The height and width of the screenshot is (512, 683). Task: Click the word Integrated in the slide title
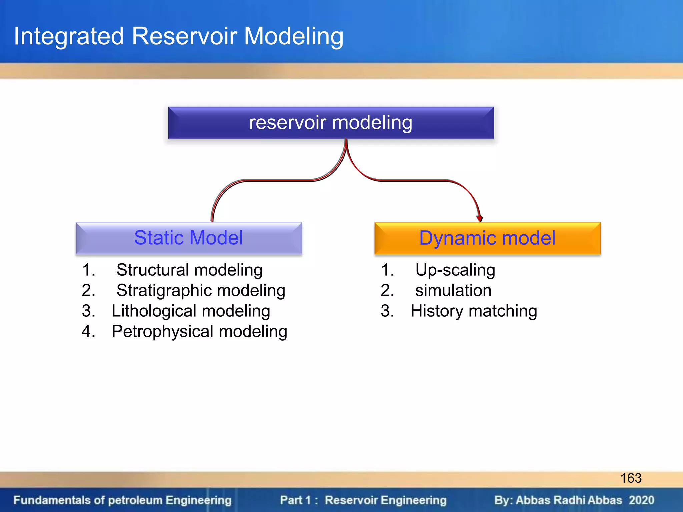(x=69, y=36)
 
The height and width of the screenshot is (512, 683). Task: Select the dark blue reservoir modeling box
(x=331, y=123)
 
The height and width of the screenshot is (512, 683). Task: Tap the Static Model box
(x=189, y=238)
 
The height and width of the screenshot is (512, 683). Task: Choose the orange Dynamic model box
(x=487, y=238)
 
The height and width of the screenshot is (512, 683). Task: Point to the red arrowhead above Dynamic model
(x=480, y=218)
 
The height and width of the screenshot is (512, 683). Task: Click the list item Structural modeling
(x=189, y=270)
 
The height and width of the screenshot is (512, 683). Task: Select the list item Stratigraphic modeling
(x=201, y=290)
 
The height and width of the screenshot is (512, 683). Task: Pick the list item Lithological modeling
(x=191, y=311)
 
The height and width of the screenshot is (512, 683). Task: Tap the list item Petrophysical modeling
(x=199, y=332)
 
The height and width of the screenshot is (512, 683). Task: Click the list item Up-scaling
(x=455, y=270)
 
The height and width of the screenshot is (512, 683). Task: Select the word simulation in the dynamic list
(x=453, y=290)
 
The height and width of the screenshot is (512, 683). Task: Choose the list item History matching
(x=474, y=311)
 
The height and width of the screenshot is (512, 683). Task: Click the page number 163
(x=631, y=478)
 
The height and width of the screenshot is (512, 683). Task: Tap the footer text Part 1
(x=295, y=500)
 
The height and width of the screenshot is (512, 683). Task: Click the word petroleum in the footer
(x=135, y=500)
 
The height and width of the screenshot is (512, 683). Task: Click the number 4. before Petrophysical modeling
(x=89, y=332)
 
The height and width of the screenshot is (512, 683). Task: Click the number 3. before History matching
(x=387, y=311)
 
